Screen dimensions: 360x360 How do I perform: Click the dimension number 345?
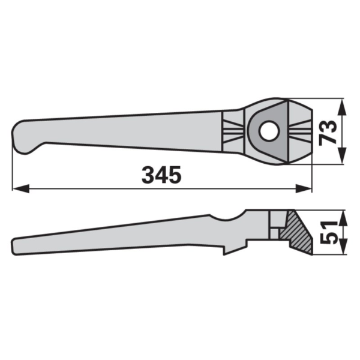pos(161,175)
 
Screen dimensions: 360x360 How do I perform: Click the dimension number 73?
pos(328,133)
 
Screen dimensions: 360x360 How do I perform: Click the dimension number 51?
pos(328,233)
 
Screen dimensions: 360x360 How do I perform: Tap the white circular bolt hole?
pos(270,131)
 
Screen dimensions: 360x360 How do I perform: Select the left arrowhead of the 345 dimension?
pos(21,188)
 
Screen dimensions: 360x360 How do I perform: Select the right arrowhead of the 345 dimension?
pos(304,188)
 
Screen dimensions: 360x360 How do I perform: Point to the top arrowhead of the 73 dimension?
pos(342,107)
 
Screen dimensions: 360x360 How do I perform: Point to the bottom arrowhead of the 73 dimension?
pos(342,155)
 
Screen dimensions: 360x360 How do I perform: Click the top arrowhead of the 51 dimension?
pos(342,218)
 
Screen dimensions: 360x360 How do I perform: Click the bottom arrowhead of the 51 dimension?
pos(342,246)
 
